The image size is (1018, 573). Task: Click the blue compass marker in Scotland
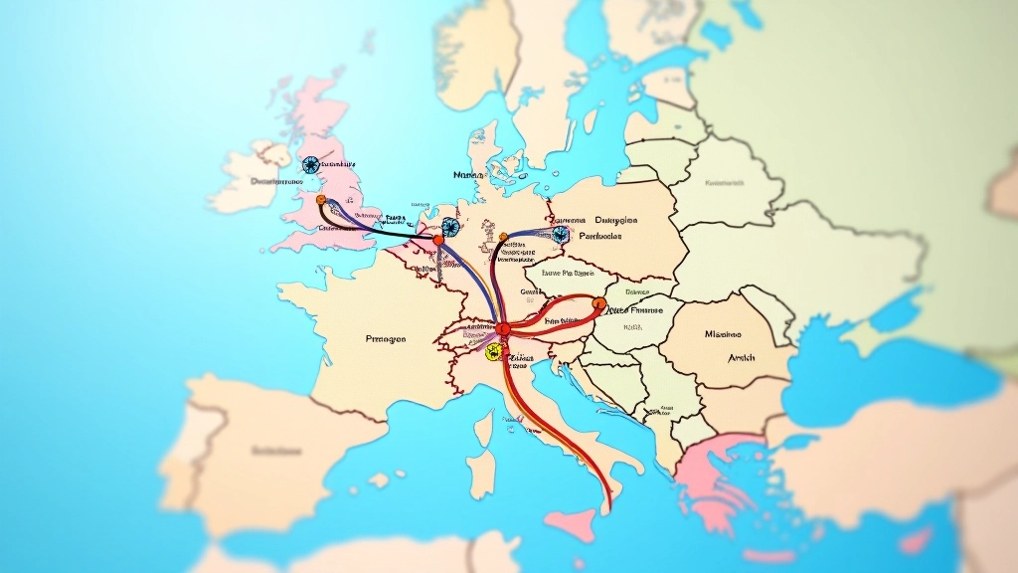(310, 164)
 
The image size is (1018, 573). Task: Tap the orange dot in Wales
(321, 200)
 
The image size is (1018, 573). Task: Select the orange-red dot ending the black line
(438, 240)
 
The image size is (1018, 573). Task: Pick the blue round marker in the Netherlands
(451, 227)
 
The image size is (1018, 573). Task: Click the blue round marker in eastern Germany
(561, 234)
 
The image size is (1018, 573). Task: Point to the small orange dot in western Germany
(503, 238)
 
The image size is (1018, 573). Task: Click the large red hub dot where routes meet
(503, 328)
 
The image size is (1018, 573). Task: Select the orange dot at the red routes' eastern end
(598, 302)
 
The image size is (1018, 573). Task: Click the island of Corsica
(484, 429)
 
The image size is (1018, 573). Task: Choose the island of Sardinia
(482, 474)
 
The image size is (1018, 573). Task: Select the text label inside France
(386, 339)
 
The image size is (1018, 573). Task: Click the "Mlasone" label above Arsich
(731, 334)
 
